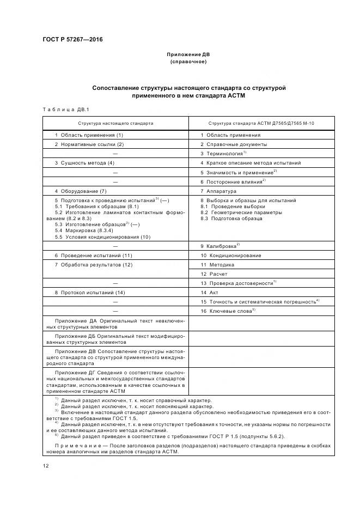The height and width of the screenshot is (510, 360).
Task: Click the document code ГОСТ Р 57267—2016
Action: click(x=72, y=40)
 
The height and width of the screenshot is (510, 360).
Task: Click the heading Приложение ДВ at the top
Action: click(x=188, y=54)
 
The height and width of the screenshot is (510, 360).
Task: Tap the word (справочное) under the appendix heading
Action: click(x=188, y=62)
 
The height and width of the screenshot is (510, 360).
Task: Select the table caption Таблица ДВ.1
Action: click(x=62, y=110)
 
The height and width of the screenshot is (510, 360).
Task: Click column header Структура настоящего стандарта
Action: click(x=115, y=123)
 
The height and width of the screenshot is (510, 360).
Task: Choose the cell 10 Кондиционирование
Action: click(x=230, y=256)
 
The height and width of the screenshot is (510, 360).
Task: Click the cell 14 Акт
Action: click(x=209, y=293)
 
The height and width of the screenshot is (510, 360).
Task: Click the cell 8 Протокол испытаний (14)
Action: click(x=90, y=293)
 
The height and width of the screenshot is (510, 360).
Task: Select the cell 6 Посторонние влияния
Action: click(x=231, y=181)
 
